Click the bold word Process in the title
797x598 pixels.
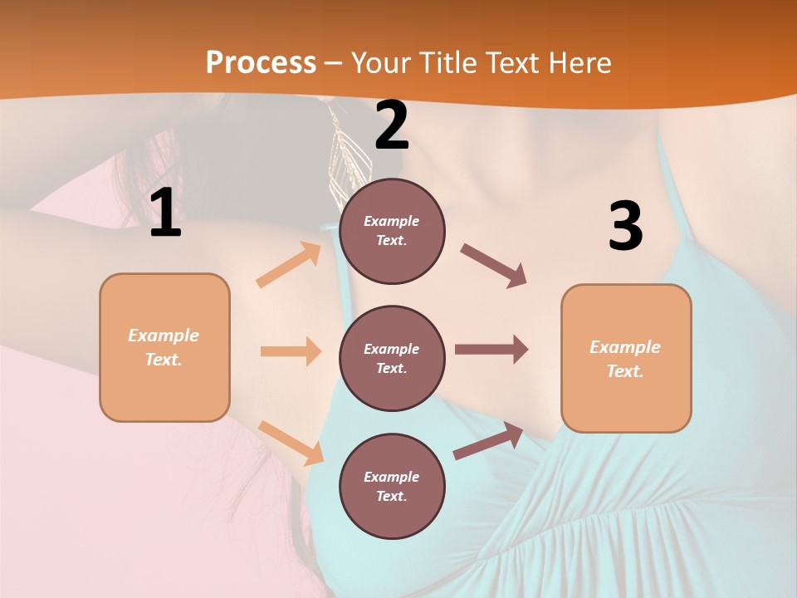tap(261, 63)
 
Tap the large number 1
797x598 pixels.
tap(165, 213)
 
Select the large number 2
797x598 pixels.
tap(392, 125)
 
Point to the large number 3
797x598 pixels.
tap(625, 226)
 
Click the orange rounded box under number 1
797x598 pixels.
tap(164, 347)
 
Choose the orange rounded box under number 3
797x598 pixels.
tap(626, 358)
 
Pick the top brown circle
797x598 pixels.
tap(392, 231)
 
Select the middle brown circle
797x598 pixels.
tap(392, 358)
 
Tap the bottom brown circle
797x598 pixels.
tap(392, 486)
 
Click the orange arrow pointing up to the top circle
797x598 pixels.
tap(289, 266)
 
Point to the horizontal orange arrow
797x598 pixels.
tap(291, 351)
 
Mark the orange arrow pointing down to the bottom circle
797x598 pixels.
tap(291, 443)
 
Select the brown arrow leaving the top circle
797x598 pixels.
tap(494, 266)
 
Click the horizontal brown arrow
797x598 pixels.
tap(491, 350)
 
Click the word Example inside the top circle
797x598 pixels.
tap(392, 221)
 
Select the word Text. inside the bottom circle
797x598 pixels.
tap(392, 496)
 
